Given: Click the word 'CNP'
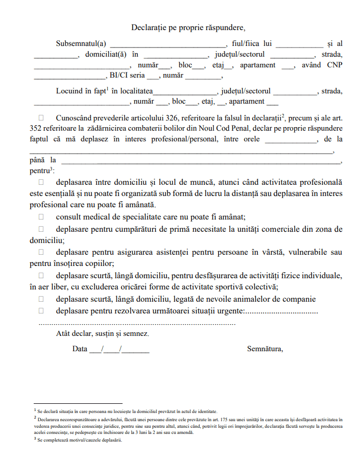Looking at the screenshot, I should point(334,65).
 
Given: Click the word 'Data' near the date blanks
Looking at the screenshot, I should point(80,349).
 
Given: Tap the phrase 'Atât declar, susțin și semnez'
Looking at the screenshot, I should point(103,334).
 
